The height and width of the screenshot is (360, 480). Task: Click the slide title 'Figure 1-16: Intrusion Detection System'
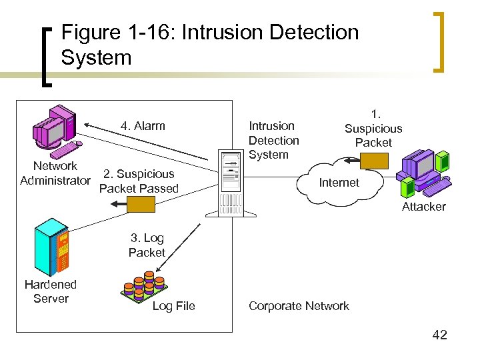point(209,45)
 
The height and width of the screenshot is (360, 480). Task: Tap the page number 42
point(439,335)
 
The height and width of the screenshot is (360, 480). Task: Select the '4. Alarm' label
point(142,126)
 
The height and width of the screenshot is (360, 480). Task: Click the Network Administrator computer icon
point(56,129)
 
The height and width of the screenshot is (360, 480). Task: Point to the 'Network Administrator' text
point(55,173)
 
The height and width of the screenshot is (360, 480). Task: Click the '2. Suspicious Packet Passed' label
point(139,181)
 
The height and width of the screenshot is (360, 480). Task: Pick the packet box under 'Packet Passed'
point(142,205)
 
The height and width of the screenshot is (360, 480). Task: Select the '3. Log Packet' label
point(147,245)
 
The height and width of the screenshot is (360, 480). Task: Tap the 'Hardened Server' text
point(51,291)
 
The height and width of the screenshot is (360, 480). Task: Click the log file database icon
point(143,284)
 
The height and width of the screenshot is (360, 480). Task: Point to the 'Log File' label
point(173,306)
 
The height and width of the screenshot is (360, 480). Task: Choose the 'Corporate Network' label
point(299,306)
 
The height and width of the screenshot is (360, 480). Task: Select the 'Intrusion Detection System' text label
point(273,140)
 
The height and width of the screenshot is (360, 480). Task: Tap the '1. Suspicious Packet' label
point(373,129)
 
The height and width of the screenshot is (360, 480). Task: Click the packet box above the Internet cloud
point(373,160)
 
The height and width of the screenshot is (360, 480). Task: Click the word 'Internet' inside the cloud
point(339,183)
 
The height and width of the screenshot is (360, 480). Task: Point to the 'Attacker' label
point(423,207)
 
